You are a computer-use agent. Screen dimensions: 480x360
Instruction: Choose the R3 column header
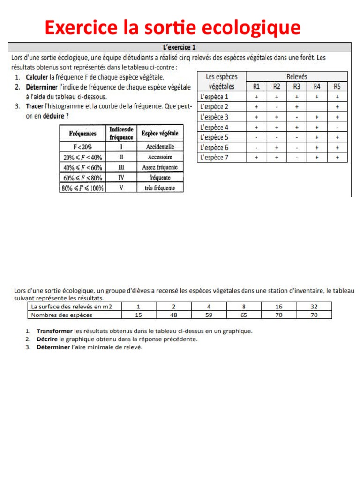click(297, 86)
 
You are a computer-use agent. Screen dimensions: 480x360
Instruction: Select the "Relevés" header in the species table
click(297, 76)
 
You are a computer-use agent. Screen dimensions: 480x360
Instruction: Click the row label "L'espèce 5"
click(214, 137)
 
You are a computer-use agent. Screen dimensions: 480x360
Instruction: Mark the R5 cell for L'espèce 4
click(337, 127)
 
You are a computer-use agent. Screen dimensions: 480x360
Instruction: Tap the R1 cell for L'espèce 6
click(256, 147)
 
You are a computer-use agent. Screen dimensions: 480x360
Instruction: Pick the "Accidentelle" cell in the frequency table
click(159, 147)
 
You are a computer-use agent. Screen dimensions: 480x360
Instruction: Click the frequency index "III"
click(121, 167)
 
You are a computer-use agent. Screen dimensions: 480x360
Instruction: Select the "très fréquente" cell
click(159, 187)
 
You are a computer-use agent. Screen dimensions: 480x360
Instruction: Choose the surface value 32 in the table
click(315, 307)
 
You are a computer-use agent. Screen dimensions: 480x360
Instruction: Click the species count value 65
click(244, 315)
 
